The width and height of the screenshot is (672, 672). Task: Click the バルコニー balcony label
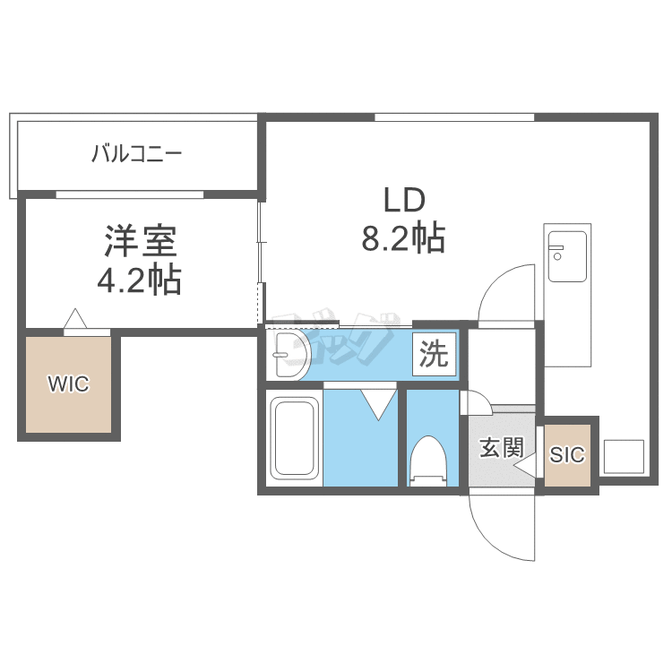pyautogui.click(x=137, y=153)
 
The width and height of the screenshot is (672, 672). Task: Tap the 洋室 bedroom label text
pyautogui.click(x=140, y=241)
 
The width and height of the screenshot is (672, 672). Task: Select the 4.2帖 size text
pyautogui.click(x=139, y=280)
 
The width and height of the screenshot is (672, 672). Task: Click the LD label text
pyautogui.click(x=404, y=201)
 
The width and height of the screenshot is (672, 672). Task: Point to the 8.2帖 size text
pyautogui.click(x=403, y=238)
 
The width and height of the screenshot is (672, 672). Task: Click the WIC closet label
pyautogui.click(x=69, y=383)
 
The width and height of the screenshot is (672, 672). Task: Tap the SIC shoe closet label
pyautogui.click(x=567, y=454)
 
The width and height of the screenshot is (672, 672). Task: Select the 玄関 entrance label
pyautogui.click(x=502, y=448)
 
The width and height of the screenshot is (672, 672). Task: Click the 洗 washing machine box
pyautogui.click(x=435, y=355)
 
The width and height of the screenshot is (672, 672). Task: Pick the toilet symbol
pyautogui.click(x=428, y=461)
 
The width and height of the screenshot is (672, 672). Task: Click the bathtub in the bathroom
pyautogui.click(x=295, y=437)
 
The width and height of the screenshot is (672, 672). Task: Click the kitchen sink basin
pyautogui.click(x=567, y=256)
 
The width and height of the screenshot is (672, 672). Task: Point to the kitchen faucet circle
pyautogui.click(x=557, y=256)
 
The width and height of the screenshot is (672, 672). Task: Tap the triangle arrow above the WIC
pyautogui.click(x=75, y=318)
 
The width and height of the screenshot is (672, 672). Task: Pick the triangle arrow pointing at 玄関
pyautogui.click(x=524, y=465)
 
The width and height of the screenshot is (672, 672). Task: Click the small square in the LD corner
pyautogui.click(x=624, y=456)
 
